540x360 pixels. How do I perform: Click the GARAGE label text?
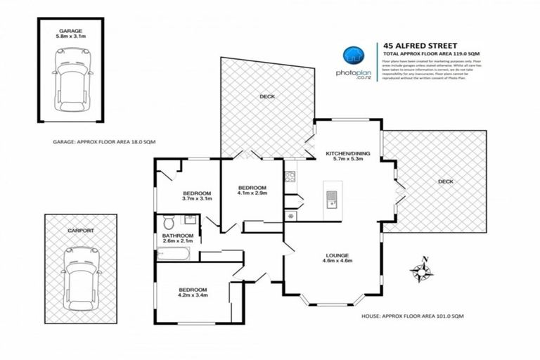coord(70,32)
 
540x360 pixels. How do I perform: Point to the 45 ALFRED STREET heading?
coord(411,44)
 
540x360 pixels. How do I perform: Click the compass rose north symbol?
coord(422,271)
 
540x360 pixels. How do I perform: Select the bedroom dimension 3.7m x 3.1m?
coord(197,199)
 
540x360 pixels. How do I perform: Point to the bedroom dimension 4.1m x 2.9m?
coord(252,194)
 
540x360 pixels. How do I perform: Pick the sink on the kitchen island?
coord(330,200)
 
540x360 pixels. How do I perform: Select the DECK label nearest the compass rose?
coord(445,181)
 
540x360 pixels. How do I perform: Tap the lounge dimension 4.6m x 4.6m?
coord(336,262)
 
